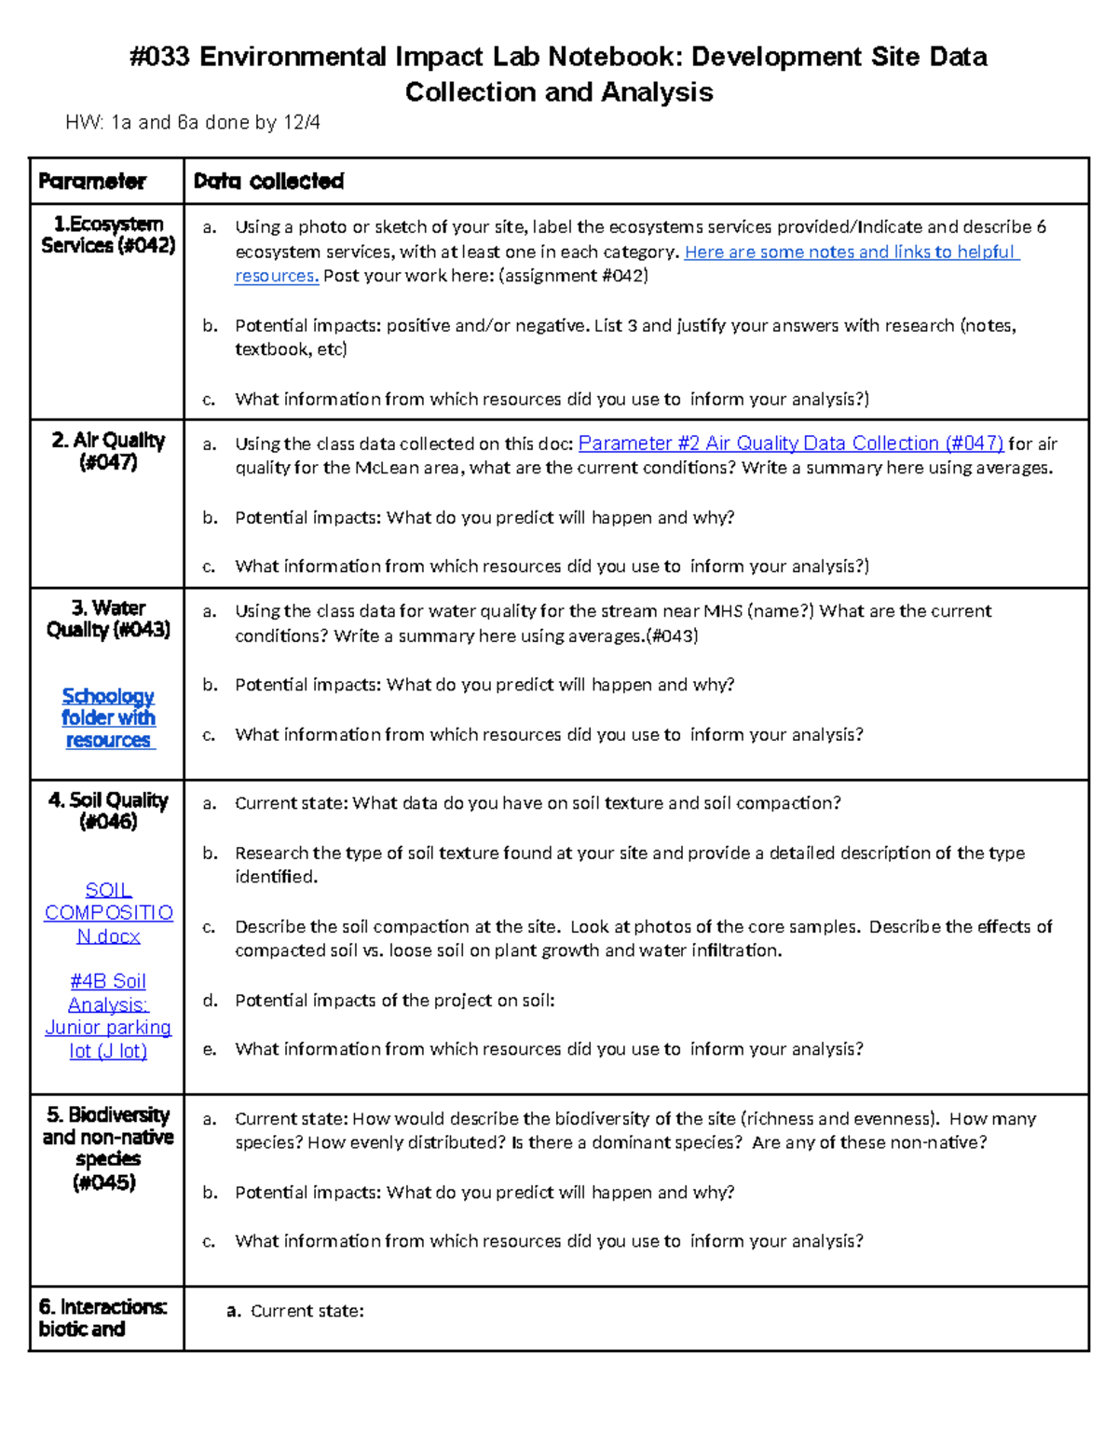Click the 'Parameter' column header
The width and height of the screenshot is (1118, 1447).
tap(92, 182)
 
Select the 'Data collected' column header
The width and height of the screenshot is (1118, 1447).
tap(268, 182)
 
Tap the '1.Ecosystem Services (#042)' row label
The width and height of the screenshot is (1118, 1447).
tap(108, 235)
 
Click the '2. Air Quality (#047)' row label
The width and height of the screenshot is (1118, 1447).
tap(108, 451)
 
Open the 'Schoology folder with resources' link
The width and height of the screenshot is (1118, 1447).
tap(108, 718)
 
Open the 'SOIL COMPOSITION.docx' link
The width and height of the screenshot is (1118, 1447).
tap(108, 913)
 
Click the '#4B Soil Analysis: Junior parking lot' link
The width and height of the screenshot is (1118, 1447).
tap(108, 1016)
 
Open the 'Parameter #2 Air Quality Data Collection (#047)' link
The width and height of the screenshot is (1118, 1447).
tap(790, 444)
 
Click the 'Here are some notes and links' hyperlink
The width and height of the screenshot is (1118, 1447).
tap(851, 252)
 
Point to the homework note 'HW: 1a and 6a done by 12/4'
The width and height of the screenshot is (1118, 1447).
tap(193, 122)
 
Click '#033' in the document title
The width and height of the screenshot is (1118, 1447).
tap(159, 58)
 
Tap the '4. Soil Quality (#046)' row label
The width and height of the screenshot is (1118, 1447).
tap(108, 811)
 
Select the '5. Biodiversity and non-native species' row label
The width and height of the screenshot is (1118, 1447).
tap(108, 1148)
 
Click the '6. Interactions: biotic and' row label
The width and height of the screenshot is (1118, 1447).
tap(102, 1317)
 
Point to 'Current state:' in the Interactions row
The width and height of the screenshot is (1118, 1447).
tap(307, 1311)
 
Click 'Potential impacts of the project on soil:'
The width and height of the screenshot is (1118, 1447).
tap(394, 1001)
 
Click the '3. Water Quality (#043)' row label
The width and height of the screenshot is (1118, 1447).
tap(108, 619)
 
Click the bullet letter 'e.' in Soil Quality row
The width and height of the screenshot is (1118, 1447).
tap(210, 1049)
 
